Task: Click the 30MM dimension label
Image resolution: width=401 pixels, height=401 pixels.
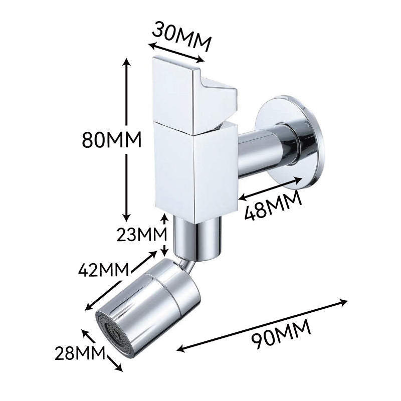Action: tap(182, 36)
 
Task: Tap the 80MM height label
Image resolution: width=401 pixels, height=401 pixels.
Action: tap(112, 139)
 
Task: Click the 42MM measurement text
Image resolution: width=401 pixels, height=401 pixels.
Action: tap(103, 270)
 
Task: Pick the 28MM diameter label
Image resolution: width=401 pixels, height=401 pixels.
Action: tap(80, 353)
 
